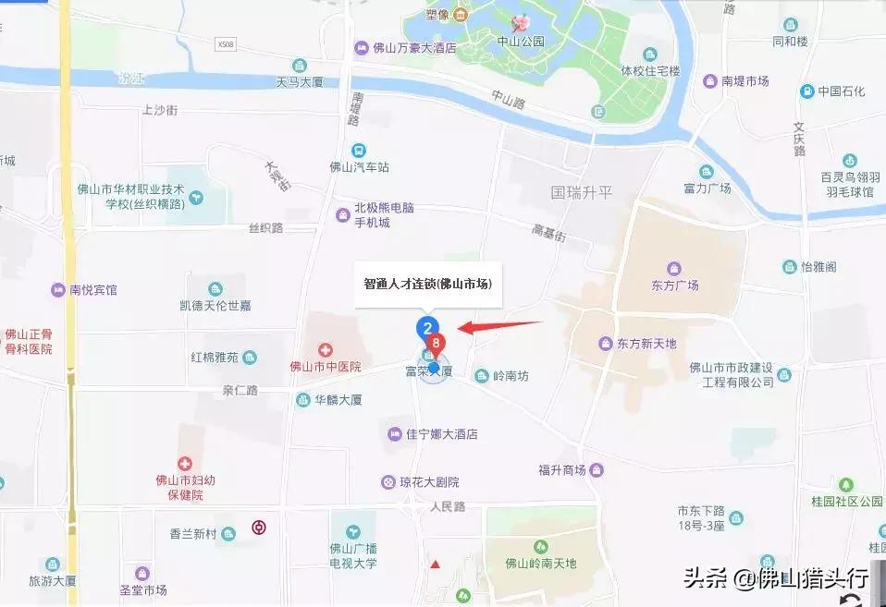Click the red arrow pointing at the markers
[499, 325]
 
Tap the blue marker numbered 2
[426, 327]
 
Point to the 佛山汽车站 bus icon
[358, 151]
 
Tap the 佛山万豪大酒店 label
[413, 48]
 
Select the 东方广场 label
[673, 285]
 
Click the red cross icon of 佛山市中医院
[325, 350]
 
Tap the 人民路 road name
[448, 507]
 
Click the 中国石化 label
[841, 91]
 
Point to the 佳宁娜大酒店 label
[440, 434]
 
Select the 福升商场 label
[562, 470]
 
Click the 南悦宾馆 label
[93, 289]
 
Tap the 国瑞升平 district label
[582, 193]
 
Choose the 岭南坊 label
[510, 375]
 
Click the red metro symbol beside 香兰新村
[258, 528]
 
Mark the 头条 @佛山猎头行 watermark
[775, 579]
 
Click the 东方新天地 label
[646, 344]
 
